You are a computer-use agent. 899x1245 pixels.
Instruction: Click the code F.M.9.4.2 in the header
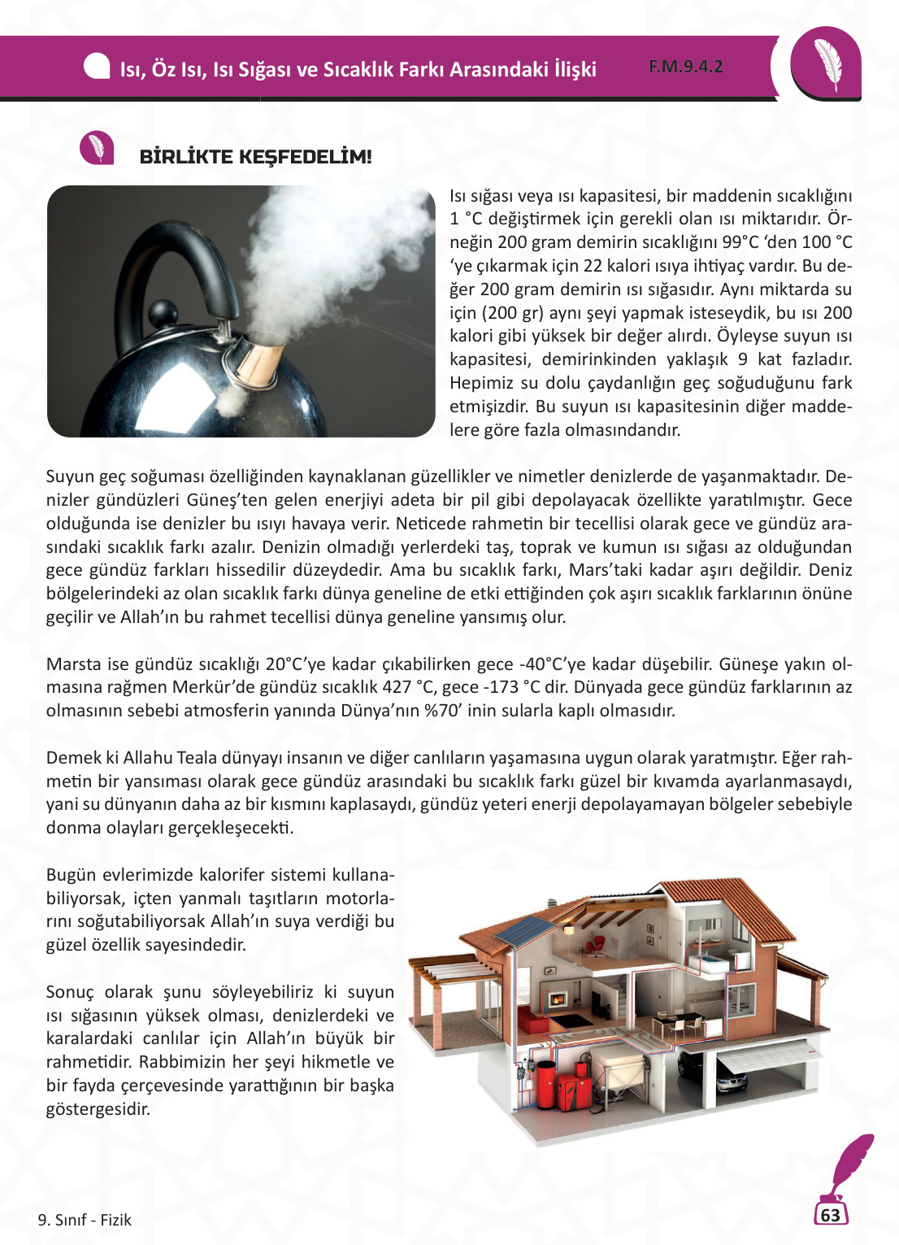[685, 67]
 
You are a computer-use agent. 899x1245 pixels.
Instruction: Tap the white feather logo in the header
[827, 64]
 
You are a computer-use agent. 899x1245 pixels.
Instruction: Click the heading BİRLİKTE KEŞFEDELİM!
[255, 156]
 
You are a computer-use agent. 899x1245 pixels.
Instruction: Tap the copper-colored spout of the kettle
[259, 359]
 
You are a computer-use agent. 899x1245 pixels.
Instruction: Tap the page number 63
[830, 1215]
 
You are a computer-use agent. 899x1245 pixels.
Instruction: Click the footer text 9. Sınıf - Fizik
[85, 1220]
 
